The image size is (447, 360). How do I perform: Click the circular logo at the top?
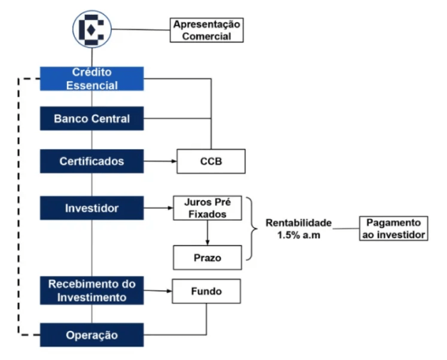click(91, 29)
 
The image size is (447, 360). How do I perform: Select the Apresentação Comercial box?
click(207, 30)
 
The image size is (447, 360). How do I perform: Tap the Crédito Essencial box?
click(91, 78)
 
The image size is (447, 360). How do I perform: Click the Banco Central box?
click(91, 119)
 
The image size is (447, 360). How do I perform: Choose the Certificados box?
click(91, 161)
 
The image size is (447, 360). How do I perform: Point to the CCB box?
click(210, 161)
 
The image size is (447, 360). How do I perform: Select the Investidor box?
click(91, 208)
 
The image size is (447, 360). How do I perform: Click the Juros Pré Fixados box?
click(207, 208)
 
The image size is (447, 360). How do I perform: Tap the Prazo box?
click(207, 256)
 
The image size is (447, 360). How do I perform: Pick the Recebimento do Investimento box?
click(91, 291)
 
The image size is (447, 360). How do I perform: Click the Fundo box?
click(207, 291)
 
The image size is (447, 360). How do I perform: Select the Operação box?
click(91, 334)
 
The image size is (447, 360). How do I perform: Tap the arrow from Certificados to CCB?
click(160, 161)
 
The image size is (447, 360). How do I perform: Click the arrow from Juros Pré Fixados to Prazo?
click(207, 232)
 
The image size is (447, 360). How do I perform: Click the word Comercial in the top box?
click(207, 36)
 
